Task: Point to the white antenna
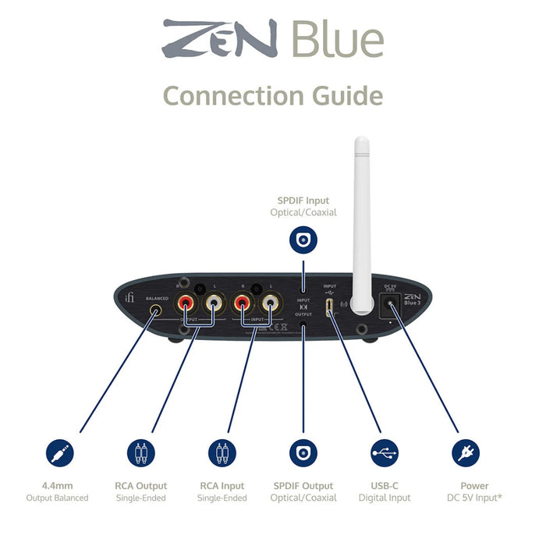point(360,218)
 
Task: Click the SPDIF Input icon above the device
point(303,239)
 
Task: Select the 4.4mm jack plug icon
point(58,453)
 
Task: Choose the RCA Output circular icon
point(140,453)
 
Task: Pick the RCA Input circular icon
point(222,453)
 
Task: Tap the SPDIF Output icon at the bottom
point(303,453)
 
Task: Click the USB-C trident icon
point(384,453)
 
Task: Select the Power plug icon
point(466,453)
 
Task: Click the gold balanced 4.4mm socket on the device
point(157,310)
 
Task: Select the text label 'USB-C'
point(384,486)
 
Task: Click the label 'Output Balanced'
point(58,498)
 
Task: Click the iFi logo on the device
point(129,299)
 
